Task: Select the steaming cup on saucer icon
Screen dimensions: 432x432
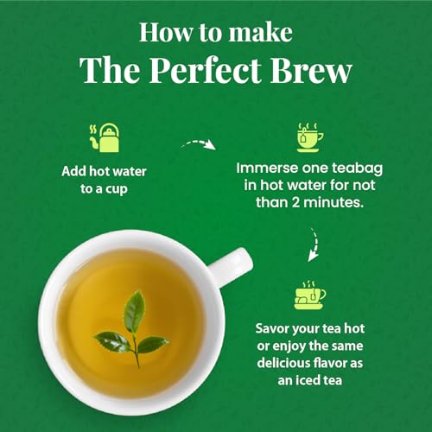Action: tap(310, 296)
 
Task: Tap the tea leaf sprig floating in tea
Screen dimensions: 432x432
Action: tap(131, 328)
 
